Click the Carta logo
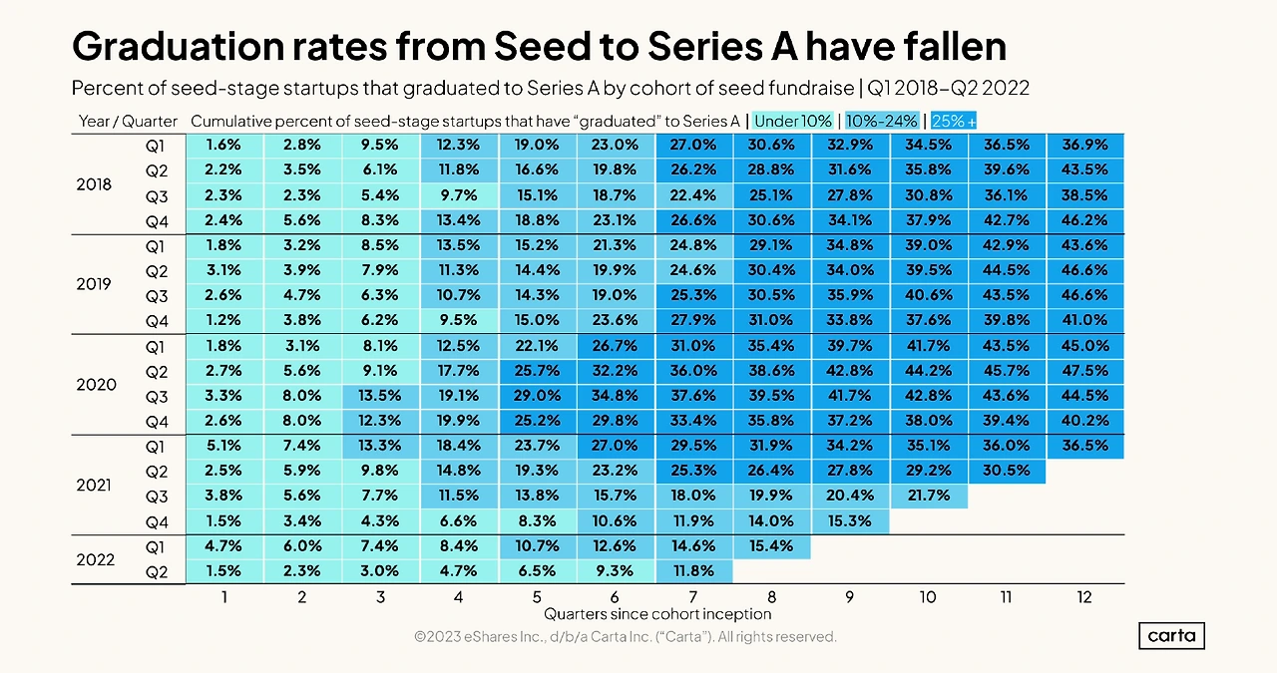pos(1171,636)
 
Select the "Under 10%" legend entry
pos(792,121)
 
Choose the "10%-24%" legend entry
pos(882,121)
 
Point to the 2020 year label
pos(97,385)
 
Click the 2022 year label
pos(97,559)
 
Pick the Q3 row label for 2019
pos(157,296)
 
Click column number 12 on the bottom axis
pos(1084,597)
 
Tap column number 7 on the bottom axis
pos(693,597)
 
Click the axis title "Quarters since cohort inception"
pos(657,614)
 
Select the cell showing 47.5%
pos(1084,372)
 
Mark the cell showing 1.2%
pos(224,321)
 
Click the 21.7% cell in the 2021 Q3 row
pos(928,497)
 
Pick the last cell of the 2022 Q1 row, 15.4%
pos(771,546)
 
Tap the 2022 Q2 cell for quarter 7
pos(693,571)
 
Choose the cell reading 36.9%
pos(1084,146)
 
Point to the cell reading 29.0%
pos(536,397)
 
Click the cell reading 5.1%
pos(224,447)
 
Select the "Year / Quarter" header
pos(128,122)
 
